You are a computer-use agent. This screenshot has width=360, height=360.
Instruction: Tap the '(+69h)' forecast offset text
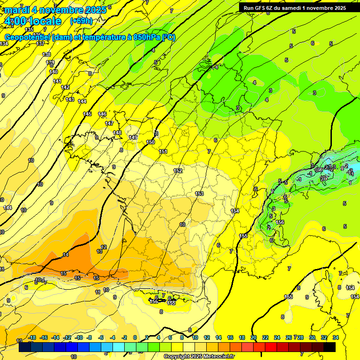click(81, 21)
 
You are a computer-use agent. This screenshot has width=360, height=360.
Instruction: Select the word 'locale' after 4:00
click(45, 21)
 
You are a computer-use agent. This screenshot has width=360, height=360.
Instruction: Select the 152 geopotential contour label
click(178, 171)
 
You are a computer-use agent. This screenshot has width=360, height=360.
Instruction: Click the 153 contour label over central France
click(199, 194)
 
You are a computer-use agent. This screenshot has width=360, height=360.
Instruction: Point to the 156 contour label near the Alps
click(280, 222)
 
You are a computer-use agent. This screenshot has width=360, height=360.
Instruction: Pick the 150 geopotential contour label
click(150, 142)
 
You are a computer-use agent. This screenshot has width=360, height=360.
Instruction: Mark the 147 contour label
click(109, 123)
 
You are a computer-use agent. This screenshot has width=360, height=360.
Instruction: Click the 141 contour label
click(57, 81)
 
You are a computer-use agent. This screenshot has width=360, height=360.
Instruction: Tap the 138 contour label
click(46, 54)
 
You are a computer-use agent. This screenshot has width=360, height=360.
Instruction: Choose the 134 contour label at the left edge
click(4, 44)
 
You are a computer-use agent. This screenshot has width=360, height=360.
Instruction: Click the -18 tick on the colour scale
click(32, 337)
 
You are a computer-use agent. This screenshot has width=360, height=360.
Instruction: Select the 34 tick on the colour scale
click(336, 337)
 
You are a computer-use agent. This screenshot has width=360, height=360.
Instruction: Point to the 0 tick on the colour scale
click(135, 337)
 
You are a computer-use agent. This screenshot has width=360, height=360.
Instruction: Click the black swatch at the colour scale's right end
click(330, 347)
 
